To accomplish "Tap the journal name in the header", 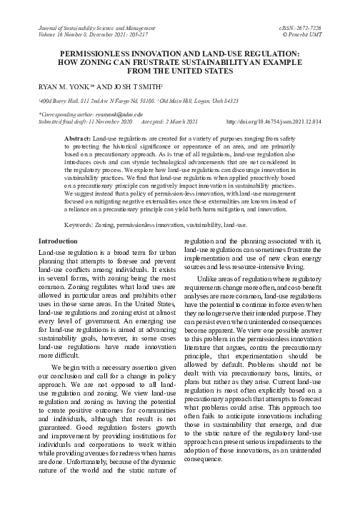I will point(97,26).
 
